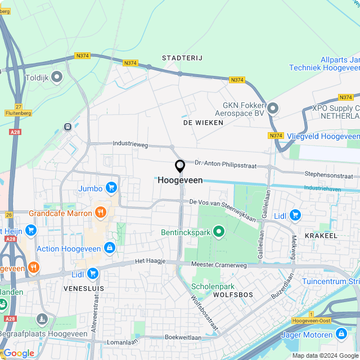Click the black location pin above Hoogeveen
coord(180,166)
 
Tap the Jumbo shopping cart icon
coord(111,188)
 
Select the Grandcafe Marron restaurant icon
coord(101,213)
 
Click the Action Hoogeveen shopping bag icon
coord(110,247)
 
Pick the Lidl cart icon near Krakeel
coord(295,215)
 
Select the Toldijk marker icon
coord(57,76)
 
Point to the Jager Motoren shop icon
coord(341,334)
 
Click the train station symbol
coord(69,127)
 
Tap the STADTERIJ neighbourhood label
coord(182,58)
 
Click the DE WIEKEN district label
coord(200,122)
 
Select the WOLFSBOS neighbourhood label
coord(233,294)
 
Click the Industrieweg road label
coord(130,144)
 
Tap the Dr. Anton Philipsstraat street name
coord(225,163)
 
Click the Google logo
coord(19,353)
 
